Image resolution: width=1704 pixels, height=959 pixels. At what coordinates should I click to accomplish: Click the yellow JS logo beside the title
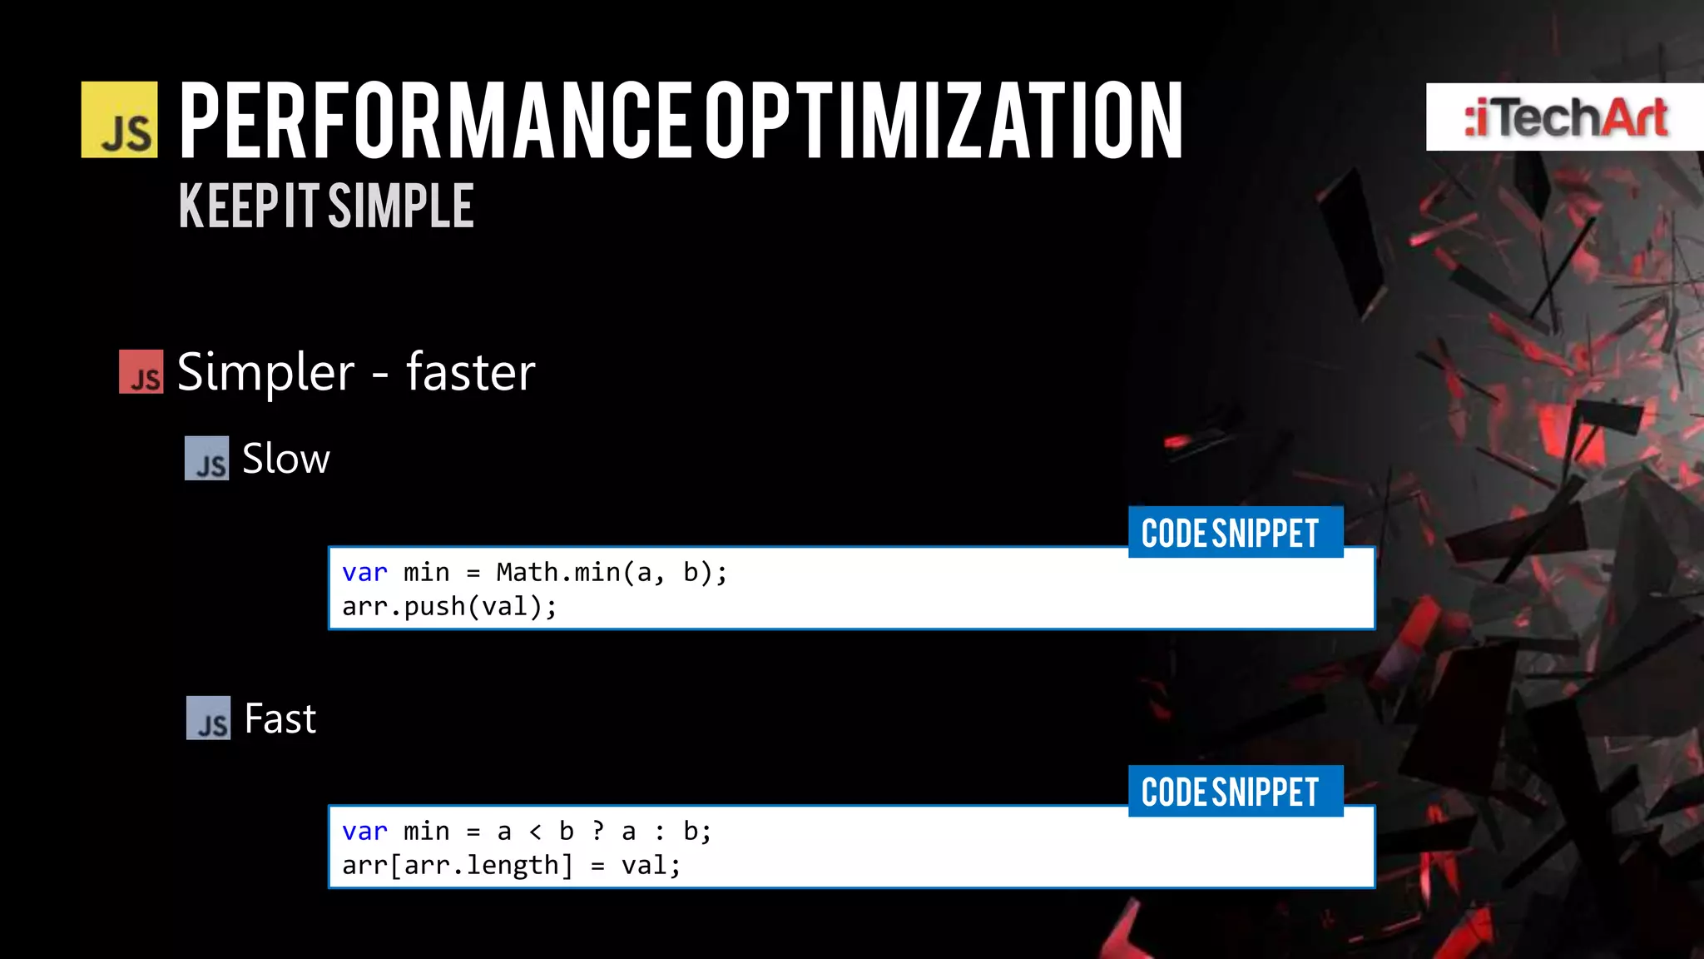pyautogui.click(x=119, y=120)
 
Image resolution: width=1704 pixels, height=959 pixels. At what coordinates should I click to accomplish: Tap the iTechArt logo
pyautogui.click(x=1565, y=117)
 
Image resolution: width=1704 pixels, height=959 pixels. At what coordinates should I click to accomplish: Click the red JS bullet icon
pyautogui.click(x=141, y=371)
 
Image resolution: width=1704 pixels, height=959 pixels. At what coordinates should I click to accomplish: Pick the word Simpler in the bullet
pyautogui.click(x=266, y=372)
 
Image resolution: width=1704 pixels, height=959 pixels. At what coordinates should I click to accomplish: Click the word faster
pyautogui.click(x=470, y=372)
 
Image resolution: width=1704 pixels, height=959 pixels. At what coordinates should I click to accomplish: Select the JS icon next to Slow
pyautogui.click(x=206, y=459)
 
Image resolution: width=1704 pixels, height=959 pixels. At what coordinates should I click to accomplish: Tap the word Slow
pyautogui.click(x=286, y=459)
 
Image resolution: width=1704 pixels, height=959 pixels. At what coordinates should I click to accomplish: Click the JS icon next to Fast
pyautogui.click(x=208, y=718)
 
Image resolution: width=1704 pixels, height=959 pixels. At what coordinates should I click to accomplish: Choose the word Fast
pyautogui.click(x=280, y=718)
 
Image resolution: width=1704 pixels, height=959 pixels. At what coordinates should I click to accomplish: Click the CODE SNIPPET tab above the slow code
pyautogui.click(x=1235, y=533)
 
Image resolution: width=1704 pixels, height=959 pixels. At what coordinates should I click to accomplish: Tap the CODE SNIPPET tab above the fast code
pyautogui.click(x=1235, y=792)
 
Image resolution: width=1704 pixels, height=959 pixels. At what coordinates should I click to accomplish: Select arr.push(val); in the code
pyautogui.click(x=449, y=607)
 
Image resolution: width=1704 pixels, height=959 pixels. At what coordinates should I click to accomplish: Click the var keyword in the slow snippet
pyautogui.click(x=364, y=573)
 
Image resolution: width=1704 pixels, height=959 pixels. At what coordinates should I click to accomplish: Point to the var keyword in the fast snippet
pyautogui.click(x=364, y=832)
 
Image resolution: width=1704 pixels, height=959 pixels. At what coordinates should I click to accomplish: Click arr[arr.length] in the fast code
pyautogui.click(x=458, y=866)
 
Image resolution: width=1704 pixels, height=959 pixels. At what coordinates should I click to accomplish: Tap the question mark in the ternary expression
pyautogui.click(x=597, y=832)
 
